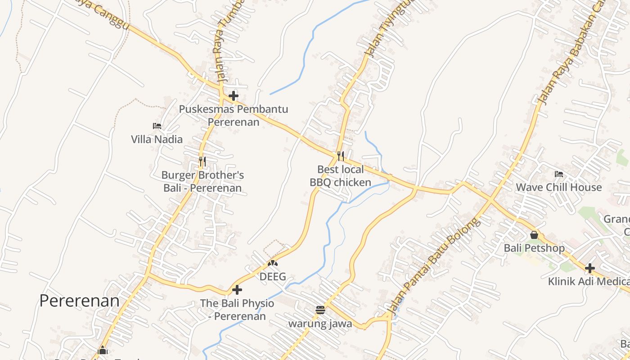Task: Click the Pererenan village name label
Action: (80, 301)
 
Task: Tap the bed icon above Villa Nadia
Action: (157, 126)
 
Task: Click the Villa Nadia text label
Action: (157, 139)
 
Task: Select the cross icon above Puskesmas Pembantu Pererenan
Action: (234, 96)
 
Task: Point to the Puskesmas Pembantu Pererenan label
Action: (234, 116)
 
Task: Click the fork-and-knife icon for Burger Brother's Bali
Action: (202, 161)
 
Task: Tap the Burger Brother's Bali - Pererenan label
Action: (202, 181)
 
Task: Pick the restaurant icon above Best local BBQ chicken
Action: (341, 156)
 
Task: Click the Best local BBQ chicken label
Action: (341, 175)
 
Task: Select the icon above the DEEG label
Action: (273, 263)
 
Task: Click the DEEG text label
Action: (273, 276)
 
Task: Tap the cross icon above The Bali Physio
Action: (237, 290)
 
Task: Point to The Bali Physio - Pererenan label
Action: (237, 310)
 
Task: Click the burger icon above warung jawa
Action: (320, 310)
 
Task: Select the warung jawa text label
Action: (320, 324)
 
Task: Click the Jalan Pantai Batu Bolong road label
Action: (434, 265)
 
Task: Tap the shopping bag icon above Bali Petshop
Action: (534, 235)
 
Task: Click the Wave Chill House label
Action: (558, 187)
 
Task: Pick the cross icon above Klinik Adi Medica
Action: (590, 269)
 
